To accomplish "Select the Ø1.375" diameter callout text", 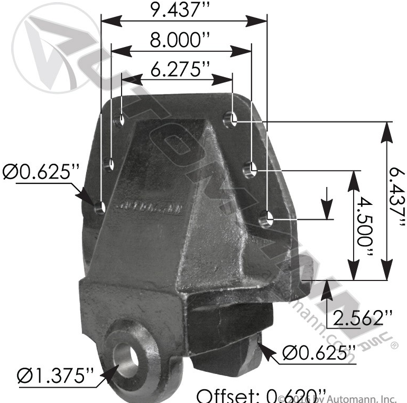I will point(56,377).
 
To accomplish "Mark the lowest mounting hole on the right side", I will point(266,217).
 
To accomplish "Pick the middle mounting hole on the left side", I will point(110,164).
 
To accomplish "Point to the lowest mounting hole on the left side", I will point(99,208).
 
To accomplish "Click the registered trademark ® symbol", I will point(394,346).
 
